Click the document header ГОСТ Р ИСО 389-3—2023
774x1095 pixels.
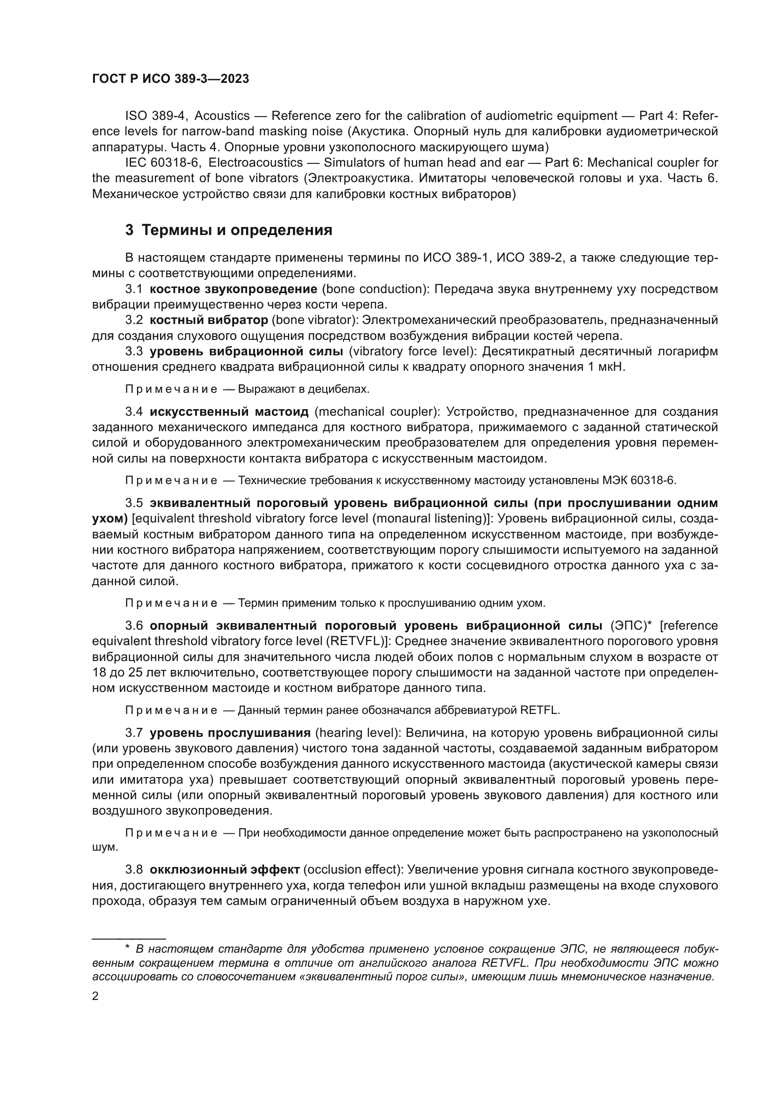point(170,79)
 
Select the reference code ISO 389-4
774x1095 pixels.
point(155,116)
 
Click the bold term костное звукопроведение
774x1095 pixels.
point(233,289)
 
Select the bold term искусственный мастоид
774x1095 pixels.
point(229,412)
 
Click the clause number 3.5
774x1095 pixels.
point(134,503)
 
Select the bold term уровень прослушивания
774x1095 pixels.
point(230,733)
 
